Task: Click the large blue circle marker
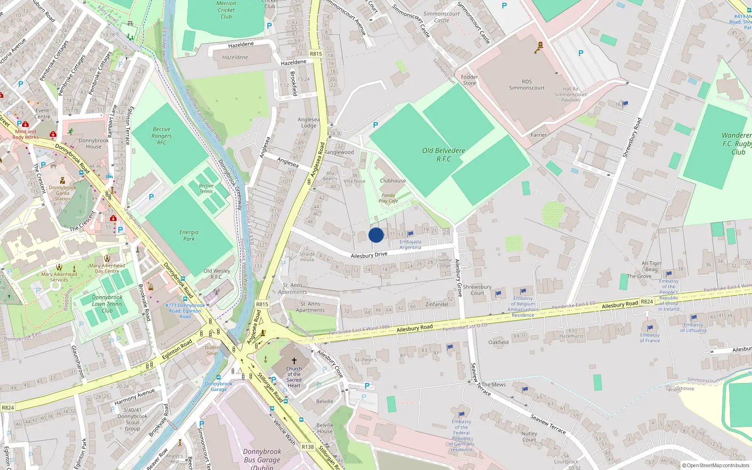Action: pyautogui.click(x=376, y=235)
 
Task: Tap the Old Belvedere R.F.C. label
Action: pyautogui.click(x=443, y=155)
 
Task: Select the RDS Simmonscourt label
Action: pyautogui.click(x=526, y=85)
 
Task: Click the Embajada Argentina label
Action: pyautogui.click(x=410, y=244)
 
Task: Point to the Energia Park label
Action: pyautogui.click(x=189, y=235)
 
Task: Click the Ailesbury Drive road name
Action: pyautogui.click(x=369, y=255)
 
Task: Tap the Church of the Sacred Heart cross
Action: pyautogui.click(x=294, y=361)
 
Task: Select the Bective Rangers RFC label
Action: pyautogui.click(x=162, y=136)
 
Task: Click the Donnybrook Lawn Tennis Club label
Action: pyautogui.click(x=107, y=304)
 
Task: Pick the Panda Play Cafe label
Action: pyautogui.click(x=388, y=198)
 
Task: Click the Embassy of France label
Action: pyautogui.click(x=650, y=337)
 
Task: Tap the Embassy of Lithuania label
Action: pyautogui.click(x=693, y=327)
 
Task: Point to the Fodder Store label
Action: pyautogui.click(x=469, y=80)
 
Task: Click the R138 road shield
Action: pyautogui.click(x=307, y=447)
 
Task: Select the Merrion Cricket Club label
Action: pyautogui.click(x=226, y=10)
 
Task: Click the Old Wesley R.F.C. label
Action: pyautogui.click(x=217, y=274)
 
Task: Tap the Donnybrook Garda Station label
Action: pyautogui.click(x=63, y=193)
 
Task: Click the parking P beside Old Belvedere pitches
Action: pyautogui.click(x=375, y=125)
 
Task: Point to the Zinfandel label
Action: pyautogui.click(x=437, y=305)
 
